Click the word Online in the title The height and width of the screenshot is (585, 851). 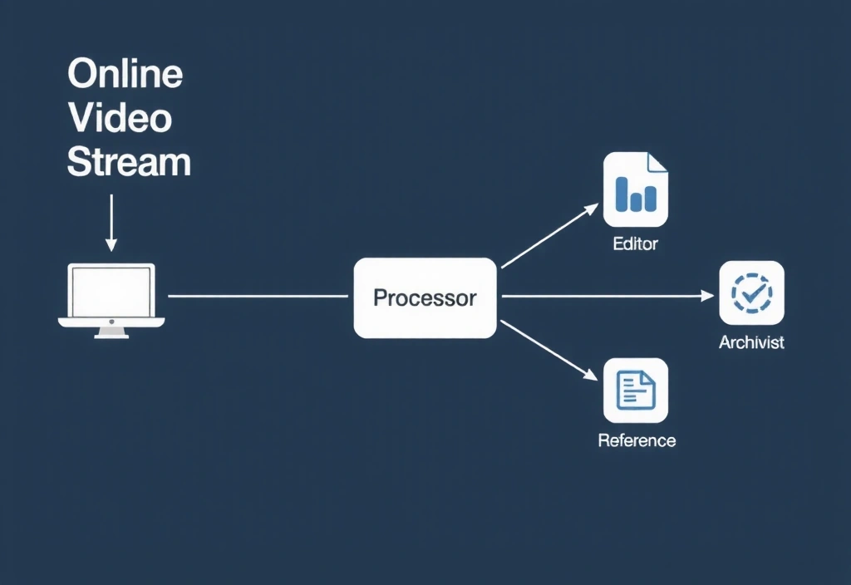coord(125,75)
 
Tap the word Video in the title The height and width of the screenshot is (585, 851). coord(120,118)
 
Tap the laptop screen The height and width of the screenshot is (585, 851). coord(111,291)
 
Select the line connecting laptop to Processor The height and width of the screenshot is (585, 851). coord(258,296)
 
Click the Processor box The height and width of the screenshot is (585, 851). coord(425,297)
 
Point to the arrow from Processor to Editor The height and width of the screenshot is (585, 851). coord(548,236)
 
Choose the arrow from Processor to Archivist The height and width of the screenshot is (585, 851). coord(607,296)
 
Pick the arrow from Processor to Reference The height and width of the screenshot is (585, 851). coord(548,349)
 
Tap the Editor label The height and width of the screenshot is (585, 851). coord(635,244)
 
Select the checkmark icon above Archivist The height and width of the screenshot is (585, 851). coord(751,292)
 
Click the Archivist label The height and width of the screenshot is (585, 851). coord(751,342)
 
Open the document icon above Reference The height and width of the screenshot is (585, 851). coord(636,390)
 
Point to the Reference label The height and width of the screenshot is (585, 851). coord(637,440)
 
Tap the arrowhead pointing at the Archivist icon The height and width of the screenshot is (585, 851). coord(709,296)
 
